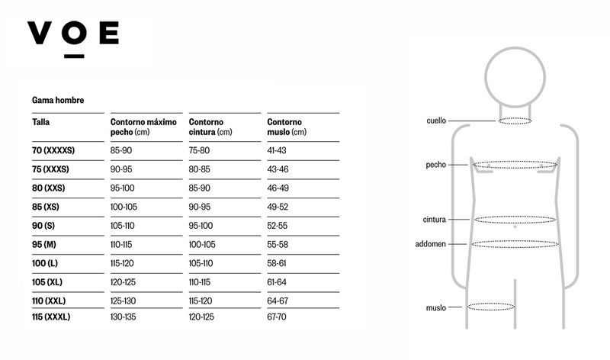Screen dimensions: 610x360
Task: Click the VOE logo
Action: pos(73,39)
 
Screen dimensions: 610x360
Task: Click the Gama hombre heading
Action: pos(58,100)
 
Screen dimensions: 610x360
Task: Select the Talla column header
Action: pos(41,122)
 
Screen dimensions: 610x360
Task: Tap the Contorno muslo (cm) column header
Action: pos(287,127)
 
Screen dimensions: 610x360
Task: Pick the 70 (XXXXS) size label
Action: pos(53,150)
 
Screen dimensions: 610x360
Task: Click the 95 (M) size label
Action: pos(44,244)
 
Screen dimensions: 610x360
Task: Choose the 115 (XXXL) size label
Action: pos(51,317)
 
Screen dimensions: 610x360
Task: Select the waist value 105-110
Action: pos(201,263)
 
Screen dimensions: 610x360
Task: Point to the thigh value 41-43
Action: pos(277,150)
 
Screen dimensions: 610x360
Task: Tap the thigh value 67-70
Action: pos(277,317)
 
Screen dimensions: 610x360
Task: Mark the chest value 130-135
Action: pos(124,317)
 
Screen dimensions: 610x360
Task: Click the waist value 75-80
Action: pos(199,150)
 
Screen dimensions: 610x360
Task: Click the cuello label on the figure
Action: pos(436,121)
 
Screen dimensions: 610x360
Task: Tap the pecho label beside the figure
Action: pos(435,165)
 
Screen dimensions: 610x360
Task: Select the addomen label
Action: pos(430,244)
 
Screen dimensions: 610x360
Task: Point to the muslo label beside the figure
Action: pos(435,308)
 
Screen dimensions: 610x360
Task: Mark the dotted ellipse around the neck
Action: pos(515,118)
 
